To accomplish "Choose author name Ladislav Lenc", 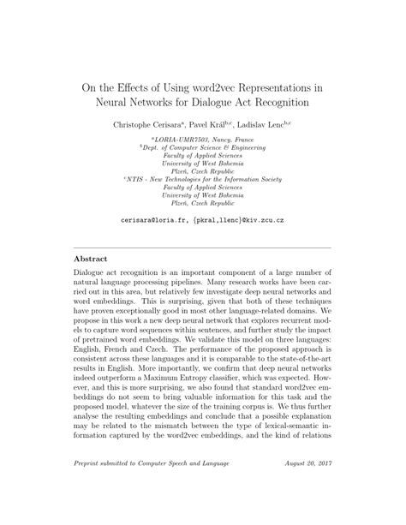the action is (268, 125).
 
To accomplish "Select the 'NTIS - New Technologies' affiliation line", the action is (205, 179).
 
